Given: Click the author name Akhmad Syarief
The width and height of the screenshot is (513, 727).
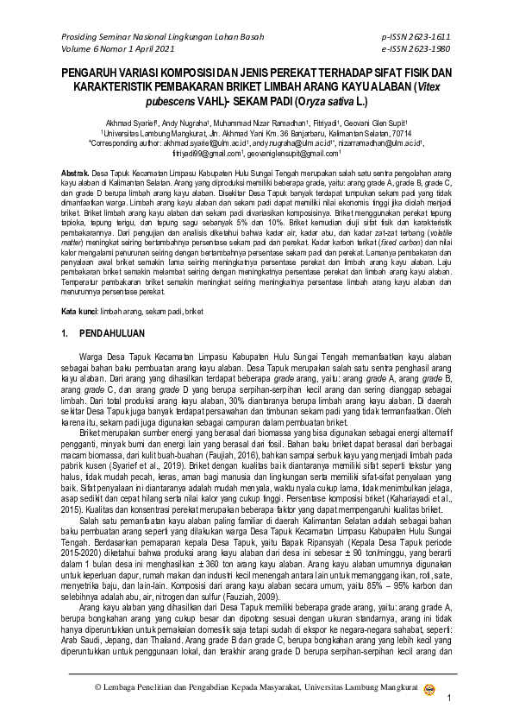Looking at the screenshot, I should tap(128, 123).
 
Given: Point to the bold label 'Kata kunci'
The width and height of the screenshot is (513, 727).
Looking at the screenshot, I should tap(79, 311).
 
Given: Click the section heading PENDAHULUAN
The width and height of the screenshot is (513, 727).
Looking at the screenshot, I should tap(119, 332).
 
